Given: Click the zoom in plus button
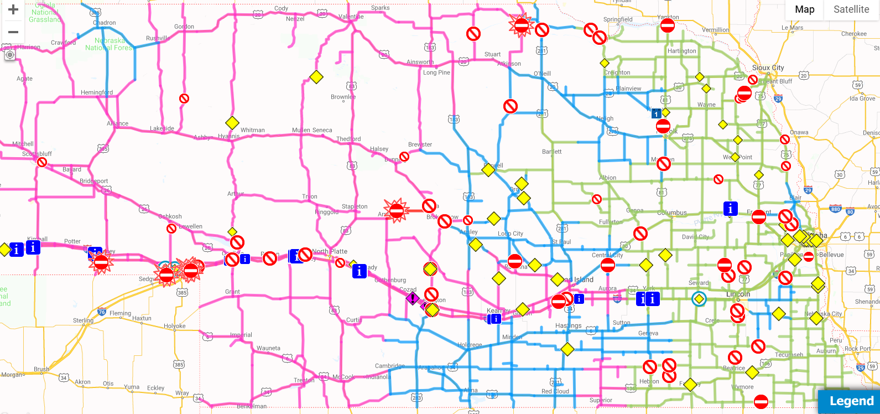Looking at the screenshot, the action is click(x=13, y=10).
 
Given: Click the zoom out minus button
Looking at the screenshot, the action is click(x=13, y=32).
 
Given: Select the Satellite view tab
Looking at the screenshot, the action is click(x=851, y=9).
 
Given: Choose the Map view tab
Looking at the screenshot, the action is click(x=804, y=9).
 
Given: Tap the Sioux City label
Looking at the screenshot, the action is click(x=768, y=68).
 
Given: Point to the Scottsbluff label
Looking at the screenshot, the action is click(x=37, y=154).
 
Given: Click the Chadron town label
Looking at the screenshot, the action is click(x=105, y=23).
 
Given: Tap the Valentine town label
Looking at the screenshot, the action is click(x=351, y=17).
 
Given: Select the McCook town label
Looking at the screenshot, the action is click(x=343, y=377).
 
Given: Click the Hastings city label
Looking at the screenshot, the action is click(x=569, y=325).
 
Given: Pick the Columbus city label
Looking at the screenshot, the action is click(x=672, y=213).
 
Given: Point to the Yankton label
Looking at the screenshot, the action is click(x=668, y=17).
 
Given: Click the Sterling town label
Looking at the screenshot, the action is click(x=83, y=320).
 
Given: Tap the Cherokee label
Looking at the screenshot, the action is click(x=854, y=34).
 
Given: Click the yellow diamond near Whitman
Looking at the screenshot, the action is click(x=232, y=123).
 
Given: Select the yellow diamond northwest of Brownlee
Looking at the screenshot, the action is click(x=316, y=77).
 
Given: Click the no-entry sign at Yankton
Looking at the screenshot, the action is click(x=668, y=25).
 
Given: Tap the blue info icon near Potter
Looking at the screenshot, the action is click(x=33, y=247).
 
